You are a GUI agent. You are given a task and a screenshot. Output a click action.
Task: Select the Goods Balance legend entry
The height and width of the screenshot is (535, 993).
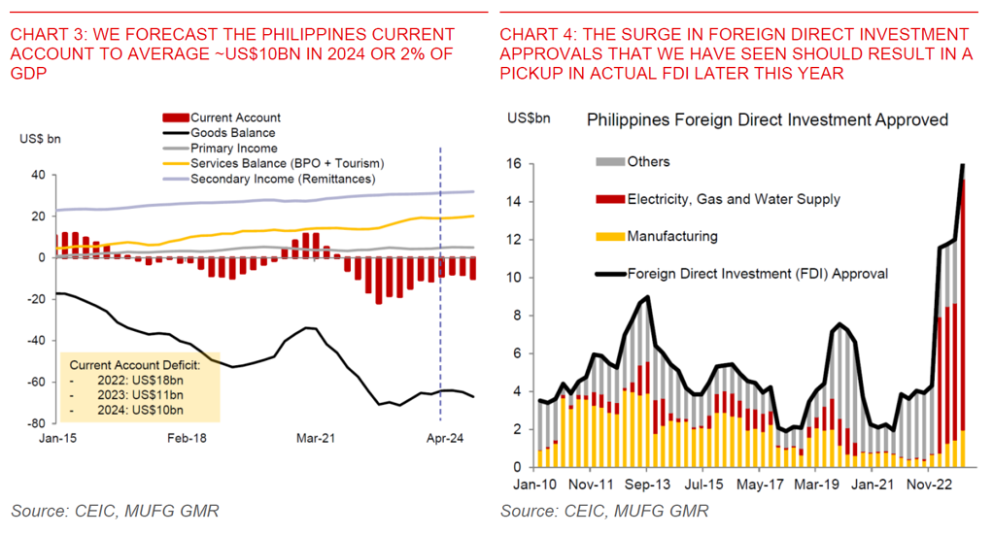(232, 133)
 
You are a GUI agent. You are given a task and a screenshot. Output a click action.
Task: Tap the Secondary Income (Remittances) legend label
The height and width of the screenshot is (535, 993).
(282, 180)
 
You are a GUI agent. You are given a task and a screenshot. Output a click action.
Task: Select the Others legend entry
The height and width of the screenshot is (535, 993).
(648, 162)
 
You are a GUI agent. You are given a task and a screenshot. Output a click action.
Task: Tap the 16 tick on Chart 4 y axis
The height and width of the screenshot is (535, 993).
(518, 165)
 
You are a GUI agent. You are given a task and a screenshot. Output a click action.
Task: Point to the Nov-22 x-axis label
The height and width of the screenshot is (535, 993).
(928, 483)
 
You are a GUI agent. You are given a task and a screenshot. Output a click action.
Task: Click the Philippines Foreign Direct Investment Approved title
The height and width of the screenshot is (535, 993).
(767, 120)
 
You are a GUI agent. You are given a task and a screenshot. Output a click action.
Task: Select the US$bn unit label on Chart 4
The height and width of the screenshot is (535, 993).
(529, 117)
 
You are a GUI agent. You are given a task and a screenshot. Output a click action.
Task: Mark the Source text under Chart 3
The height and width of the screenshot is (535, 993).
(116, 511)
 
